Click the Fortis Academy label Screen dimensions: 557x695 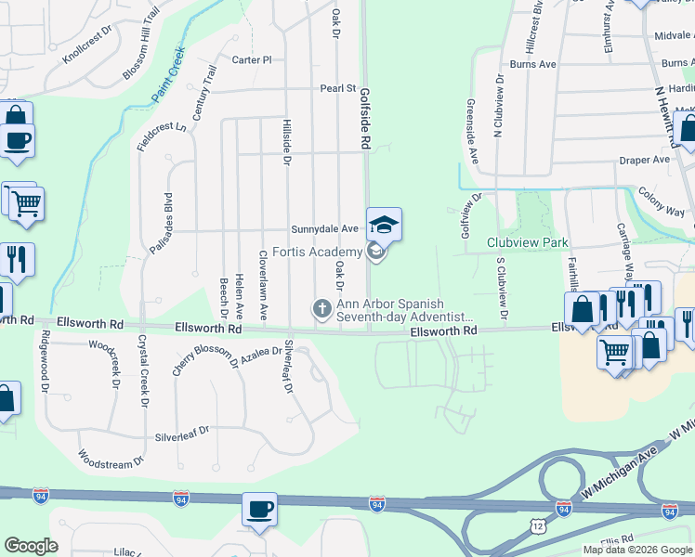[x=317, y=253]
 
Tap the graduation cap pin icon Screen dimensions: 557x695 [x=384, y=225]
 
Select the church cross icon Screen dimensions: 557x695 [x=322, y=307]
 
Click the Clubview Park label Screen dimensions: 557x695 [x=527, y=242]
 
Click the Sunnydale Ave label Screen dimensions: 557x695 [x=324, y=228]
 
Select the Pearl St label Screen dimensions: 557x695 [x=338, y=88]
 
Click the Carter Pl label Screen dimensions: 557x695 [x=251, y=59]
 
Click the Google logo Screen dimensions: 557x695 [x=31, y=546]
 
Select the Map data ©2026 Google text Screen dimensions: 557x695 [x=636, y=550]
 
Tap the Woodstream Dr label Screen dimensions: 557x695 [x=111, y=459]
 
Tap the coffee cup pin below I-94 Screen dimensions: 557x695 [x=259, y=510]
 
